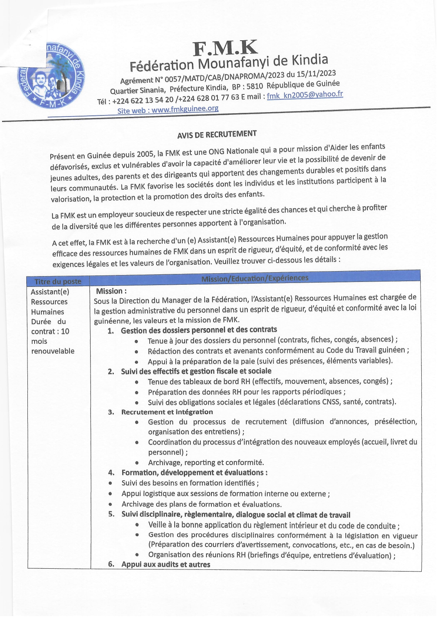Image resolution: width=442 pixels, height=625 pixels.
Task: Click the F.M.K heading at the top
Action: click(x=225, y=48)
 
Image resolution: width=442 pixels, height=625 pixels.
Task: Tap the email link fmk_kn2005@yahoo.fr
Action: click(x=305, y=95)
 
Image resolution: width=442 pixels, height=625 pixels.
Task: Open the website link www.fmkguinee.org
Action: click(x=185, y=109)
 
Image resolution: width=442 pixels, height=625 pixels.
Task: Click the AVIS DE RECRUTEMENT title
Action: click(x=217, y=134)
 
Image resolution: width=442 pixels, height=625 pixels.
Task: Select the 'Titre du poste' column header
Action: click(x=58, y=281)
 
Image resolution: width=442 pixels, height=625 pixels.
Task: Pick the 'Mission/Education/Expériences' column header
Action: click(x=255, y=278)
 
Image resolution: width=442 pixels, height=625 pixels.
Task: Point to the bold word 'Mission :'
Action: click(x=111, y=291)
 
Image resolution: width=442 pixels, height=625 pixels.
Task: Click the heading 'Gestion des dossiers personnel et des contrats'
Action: click(x=199, y=330)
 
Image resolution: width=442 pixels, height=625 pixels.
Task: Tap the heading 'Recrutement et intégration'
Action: click(x=167, y=412)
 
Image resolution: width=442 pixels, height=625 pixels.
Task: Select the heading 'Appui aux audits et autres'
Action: click(x=166, y=564)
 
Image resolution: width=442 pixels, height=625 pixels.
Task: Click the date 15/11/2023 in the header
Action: click(x=317, y=73)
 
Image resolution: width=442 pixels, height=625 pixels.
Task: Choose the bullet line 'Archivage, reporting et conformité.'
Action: click(x=206, y=463)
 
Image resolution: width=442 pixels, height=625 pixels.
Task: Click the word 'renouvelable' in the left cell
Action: click(x=53, y=351)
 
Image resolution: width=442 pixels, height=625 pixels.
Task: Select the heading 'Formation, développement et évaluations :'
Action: click(x=194, y=472)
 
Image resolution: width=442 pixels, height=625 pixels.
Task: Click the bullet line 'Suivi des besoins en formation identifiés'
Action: click(x=190, y=483)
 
